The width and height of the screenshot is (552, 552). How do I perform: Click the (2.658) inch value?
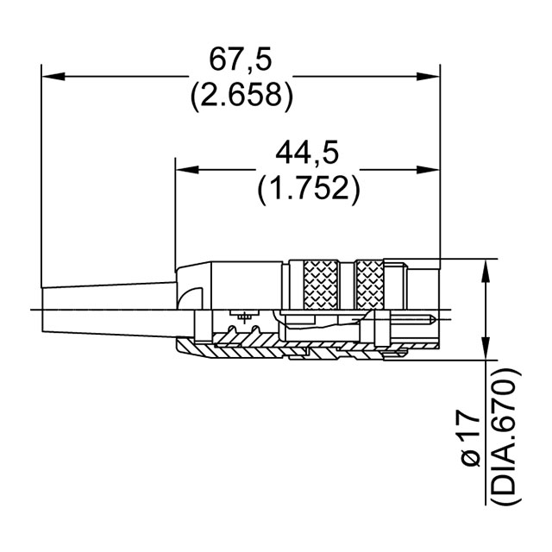240,95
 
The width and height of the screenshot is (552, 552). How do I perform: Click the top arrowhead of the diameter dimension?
488,267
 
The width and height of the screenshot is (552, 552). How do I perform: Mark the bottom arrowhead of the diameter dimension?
488,349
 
